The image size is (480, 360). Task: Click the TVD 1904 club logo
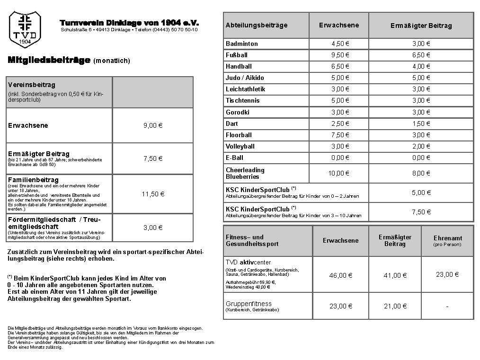tap(25, 29)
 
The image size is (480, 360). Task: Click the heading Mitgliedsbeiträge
tap(49, 60)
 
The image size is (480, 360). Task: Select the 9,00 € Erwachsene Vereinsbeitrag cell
tap(153, 125)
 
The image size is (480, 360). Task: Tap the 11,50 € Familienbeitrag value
tap(153, 194)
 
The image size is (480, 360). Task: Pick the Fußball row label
tap(237, 55)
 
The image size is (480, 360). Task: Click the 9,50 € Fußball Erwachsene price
tap(340, 55)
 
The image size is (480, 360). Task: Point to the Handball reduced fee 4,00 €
tap(421, 66)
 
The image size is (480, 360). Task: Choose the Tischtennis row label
tap(242, 100)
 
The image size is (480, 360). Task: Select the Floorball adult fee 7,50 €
tap(340, 135)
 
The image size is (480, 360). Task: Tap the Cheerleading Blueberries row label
tap(245, 173)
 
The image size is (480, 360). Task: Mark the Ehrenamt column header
tap(447, 238)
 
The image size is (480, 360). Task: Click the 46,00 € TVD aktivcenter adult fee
tap(341, 275)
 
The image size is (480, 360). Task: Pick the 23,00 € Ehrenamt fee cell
tap(447, 274)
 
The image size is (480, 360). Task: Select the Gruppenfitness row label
tap(249, 304)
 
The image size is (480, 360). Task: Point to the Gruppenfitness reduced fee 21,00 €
tap(395, 306)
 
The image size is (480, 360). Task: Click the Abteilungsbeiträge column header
tap(257, 25)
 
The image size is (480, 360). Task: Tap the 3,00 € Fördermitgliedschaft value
tap(153, 228)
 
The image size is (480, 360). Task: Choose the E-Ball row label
tap(235, 158)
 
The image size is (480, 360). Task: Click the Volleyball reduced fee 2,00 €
tap(421, 146)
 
